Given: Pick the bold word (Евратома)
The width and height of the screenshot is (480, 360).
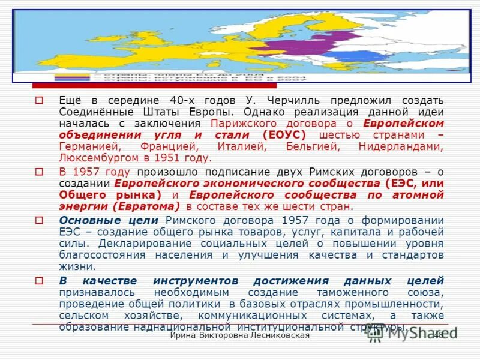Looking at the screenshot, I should click(x=146, y=206).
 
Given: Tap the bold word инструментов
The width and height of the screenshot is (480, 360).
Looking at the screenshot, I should click(x=197, y=281).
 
